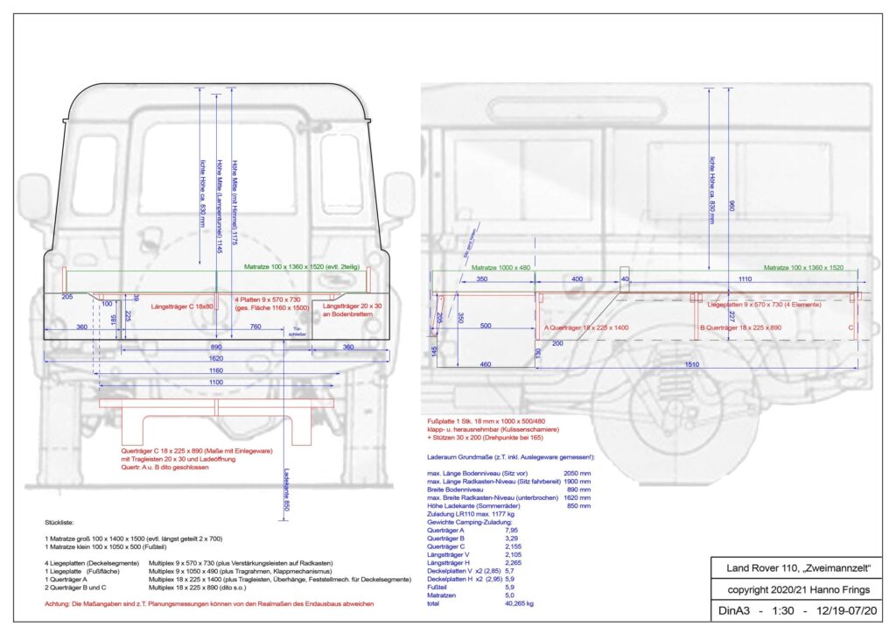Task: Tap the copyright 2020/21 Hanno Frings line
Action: [x=790, y=590]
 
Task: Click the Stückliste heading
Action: [x=59, y=523]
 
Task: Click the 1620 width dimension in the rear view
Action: [x=215, y=359]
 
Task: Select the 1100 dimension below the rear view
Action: [x=215, y=383]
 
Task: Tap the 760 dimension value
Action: [x=255, y=328]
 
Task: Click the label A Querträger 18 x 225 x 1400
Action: [x=587, y=328]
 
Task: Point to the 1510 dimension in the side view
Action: [x=696, y=363]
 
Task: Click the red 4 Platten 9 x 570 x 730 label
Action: [x=272, y=299]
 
